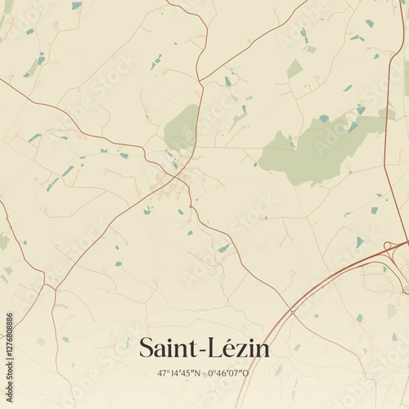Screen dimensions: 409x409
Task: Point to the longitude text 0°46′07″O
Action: pyautogui.click(x=228, y=373)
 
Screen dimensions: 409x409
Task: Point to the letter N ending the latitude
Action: pyautogui.click(x=197, y=373)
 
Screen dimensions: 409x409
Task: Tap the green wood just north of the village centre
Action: pyautogui.click(x=182, y=127)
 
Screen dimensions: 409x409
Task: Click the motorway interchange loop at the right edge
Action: pyautogui.click(x=391, y=245)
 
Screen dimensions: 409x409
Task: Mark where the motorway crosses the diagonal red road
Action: pyautogui.click(x=291, y=312)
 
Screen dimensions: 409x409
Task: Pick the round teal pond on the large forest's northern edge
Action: pyautogui.click(x=324, y=119)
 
